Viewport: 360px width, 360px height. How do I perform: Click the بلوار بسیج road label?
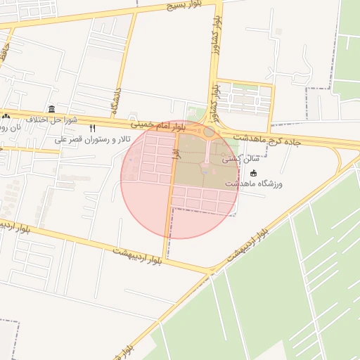coord(184,6)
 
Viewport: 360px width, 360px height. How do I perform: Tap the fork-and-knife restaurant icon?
coord(93,129)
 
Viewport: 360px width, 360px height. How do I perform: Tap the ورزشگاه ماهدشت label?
coord(254,184)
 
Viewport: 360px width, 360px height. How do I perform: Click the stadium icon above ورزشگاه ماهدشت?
coord(254,173)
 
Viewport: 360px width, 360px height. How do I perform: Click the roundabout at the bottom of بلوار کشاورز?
coord(210,131)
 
